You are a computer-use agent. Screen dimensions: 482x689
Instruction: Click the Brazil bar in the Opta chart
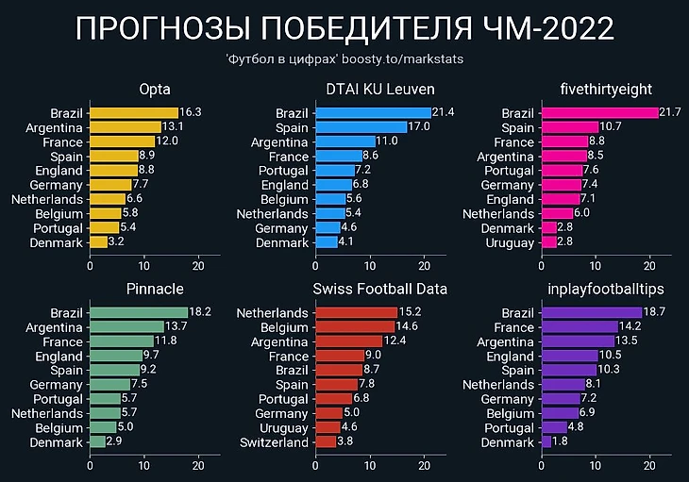(133, 112)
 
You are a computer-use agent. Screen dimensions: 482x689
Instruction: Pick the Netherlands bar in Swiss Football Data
(357, 312)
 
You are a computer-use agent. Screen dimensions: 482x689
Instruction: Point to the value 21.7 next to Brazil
(671, 112)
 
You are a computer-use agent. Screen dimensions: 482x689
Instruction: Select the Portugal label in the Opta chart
(58, 228)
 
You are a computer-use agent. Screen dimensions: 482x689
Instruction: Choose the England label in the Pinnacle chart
(59, 356)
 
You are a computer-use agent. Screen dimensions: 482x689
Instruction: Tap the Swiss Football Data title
(380, 288)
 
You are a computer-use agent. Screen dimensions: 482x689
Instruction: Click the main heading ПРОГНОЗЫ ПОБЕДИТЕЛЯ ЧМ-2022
(344, 28)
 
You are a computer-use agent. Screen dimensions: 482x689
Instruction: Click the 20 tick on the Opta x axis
(197, 265)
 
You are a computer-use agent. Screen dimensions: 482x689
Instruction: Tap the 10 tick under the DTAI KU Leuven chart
(371, 265)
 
